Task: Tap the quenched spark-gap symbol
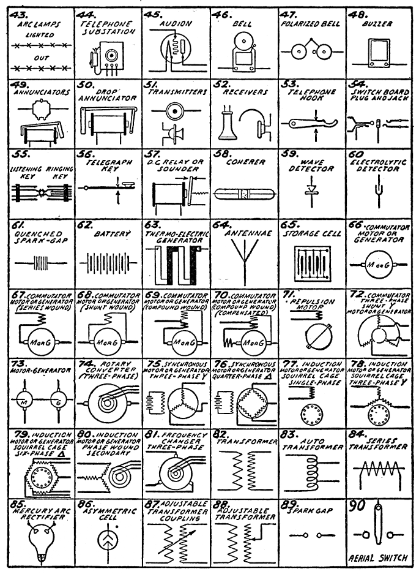38,267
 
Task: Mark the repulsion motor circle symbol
311,336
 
